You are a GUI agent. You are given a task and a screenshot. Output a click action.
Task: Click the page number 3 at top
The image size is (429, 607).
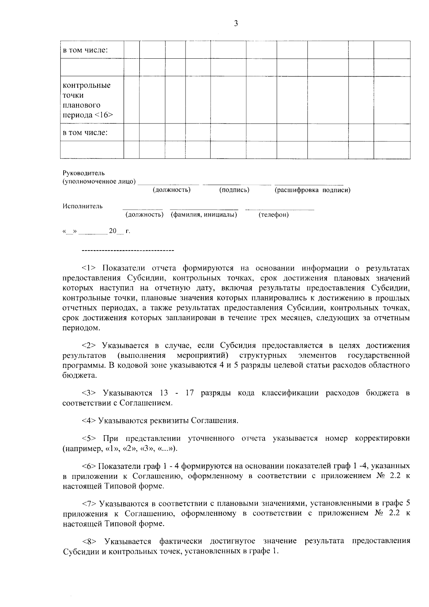pos(236,24)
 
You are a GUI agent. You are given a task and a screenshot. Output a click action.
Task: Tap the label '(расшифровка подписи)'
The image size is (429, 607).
pos(312,190)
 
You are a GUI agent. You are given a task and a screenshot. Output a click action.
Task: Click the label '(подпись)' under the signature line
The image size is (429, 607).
pos(234,190)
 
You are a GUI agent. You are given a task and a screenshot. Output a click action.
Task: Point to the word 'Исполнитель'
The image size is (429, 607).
pos(83,206)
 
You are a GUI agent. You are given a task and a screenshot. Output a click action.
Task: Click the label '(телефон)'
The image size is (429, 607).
pos(273,215)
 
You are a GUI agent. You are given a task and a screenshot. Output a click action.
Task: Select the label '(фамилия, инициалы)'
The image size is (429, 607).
pos(204,215)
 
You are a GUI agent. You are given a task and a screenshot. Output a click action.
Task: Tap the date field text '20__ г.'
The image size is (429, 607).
pos(119,231)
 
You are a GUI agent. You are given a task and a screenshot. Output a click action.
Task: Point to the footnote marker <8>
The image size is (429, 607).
pos(89,541)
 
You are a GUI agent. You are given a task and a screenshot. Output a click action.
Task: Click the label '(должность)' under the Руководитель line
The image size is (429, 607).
pos(171,190)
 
